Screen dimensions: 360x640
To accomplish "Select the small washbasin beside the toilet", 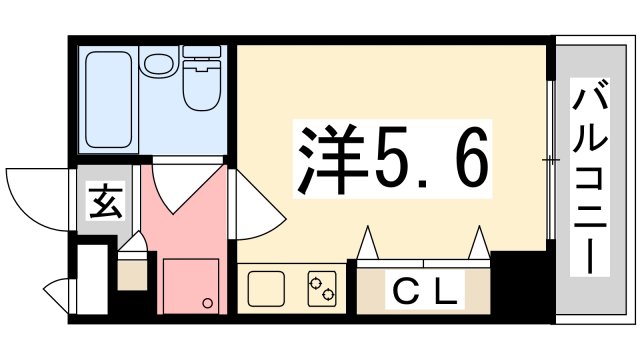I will click(x=157, y=66).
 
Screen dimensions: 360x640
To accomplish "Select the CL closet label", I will click(x=424, y=293).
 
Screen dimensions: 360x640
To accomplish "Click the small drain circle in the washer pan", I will click(x=205, y=303).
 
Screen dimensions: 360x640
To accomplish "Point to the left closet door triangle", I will click(x=368, y=244).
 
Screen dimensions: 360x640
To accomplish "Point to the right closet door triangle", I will click(x=479, y=244).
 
